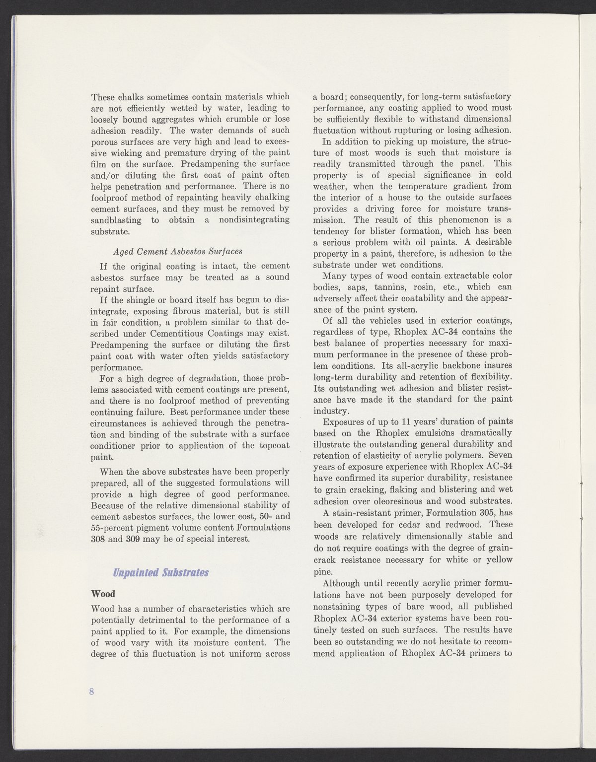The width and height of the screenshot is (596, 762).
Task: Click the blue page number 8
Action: [92, 692]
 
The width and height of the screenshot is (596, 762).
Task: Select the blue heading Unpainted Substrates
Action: [161, 572]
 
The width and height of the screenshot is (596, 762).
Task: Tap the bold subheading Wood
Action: [104, 594]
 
